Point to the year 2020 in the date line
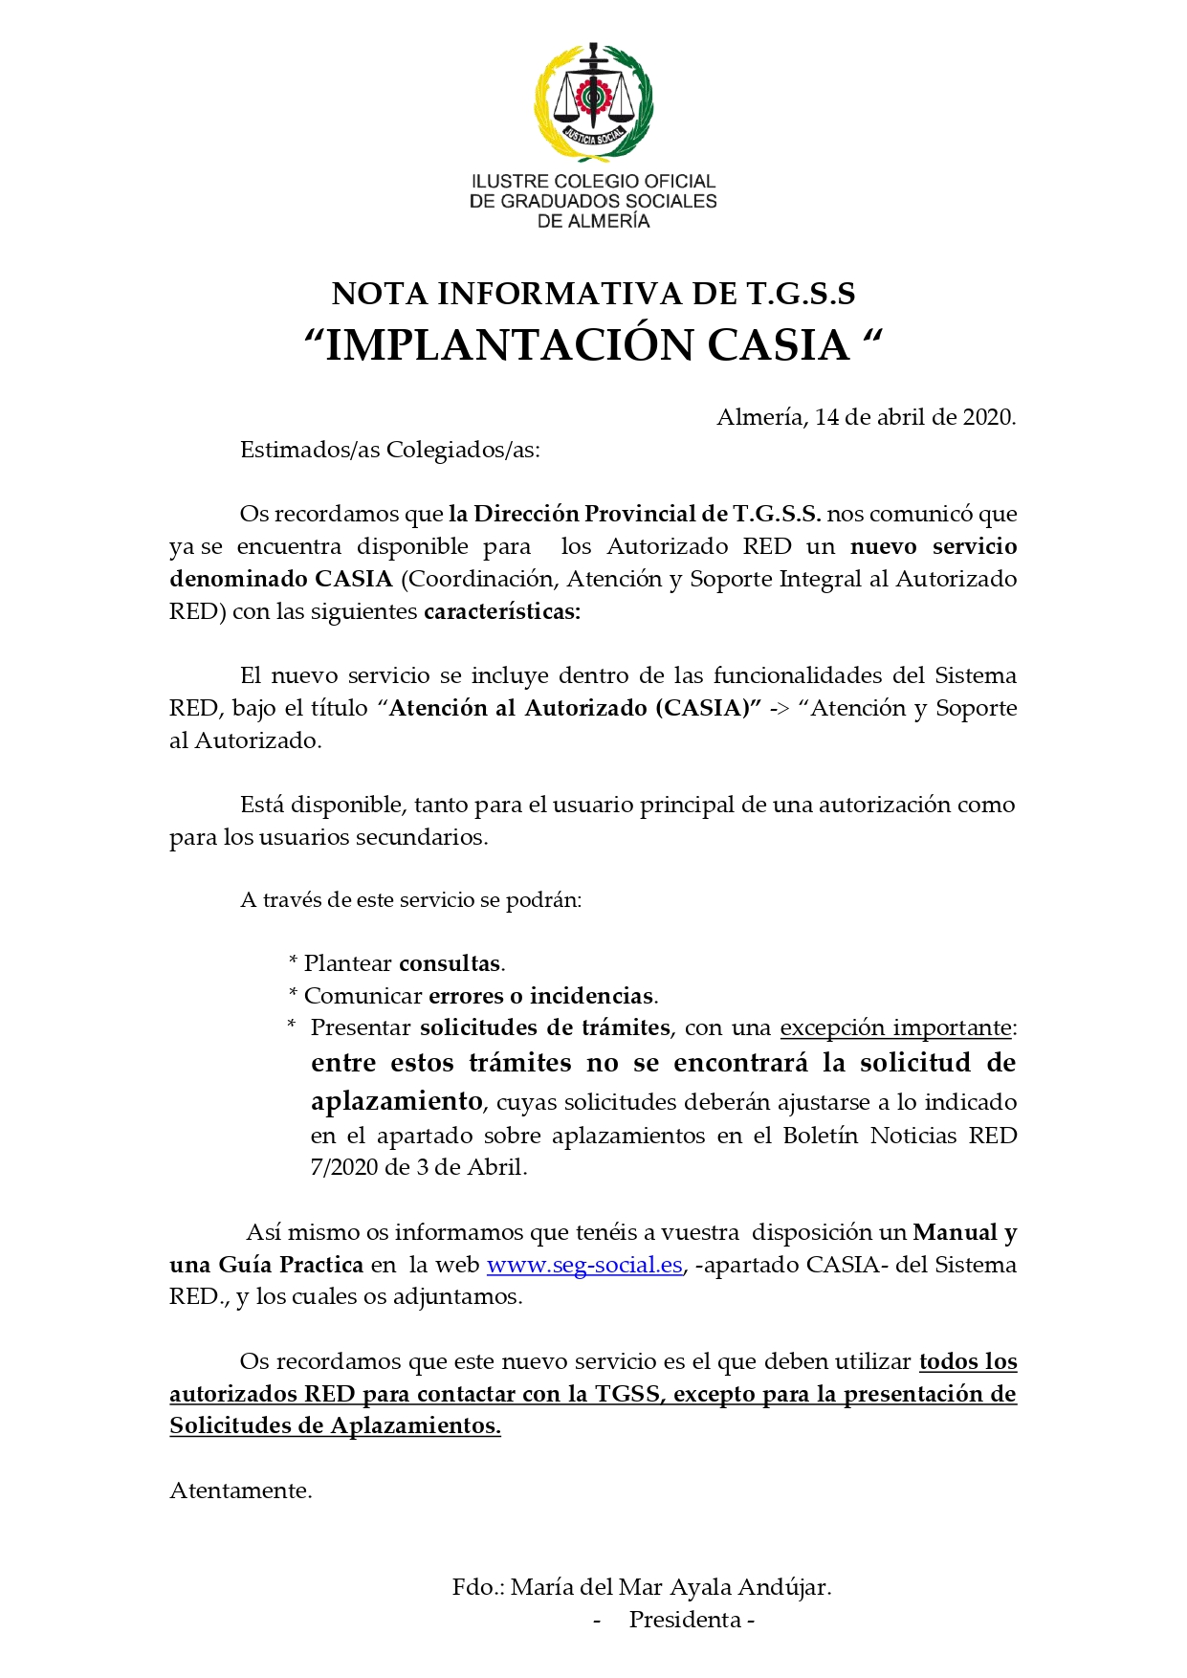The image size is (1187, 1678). pyautogui.click(x=987, y=417)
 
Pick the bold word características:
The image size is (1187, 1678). pyautogui.click(x=502, y=611)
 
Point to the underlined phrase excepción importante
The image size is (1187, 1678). pyautogui.click(x=895, y=1027)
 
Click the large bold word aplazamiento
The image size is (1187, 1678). pyautogui.click(x=396, y=1101)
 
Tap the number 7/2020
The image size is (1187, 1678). pyautogui.click(x=345, y=1167)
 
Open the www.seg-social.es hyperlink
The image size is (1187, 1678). pyautogui.click(x=584, y=1265)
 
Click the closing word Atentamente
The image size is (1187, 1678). pyautogui.click(x=240, y=1490)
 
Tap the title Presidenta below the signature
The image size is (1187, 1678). pyautogui.click(x=686, y=1620)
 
